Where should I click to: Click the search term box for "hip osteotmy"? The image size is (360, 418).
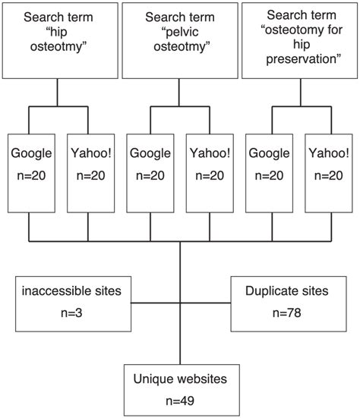point(58,39)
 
